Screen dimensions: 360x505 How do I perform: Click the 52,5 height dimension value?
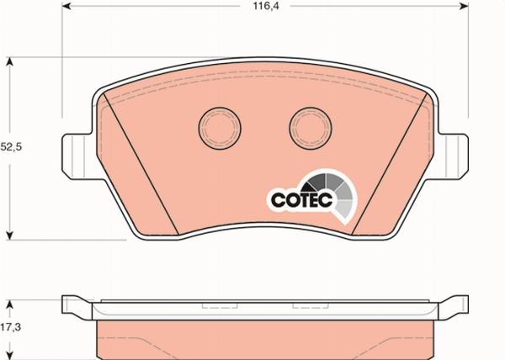(x=11, y=146)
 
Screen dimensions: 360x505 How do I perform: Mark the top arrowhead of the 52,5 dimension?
(x=11, y=61)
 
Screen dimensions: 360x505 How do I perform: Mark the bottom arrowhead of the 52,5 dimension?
(x=11, y=235)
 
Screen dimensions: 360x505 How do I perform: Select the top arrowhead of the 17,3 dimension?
(x=11, y=302)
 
